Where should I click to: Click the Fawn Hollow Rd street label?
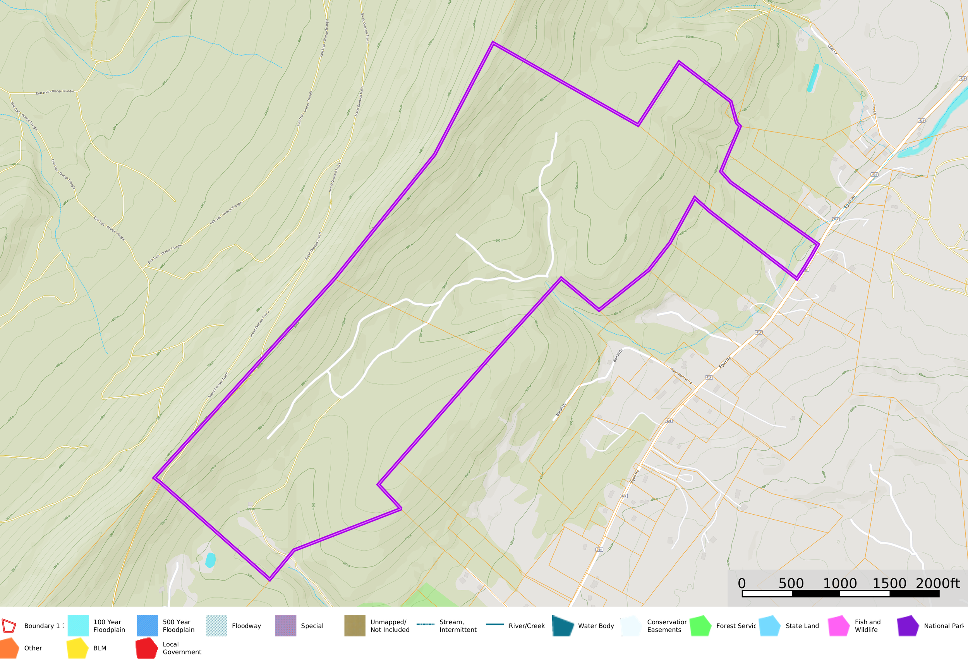[x=681, y=376]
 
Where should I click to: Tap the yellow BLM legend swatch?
[x=77, y=648]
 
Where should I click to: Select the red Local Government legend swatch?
[x=146, y=648]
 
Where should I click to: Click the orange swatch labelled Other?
[x=9, y=648]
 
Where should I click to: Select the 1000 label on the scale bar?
[x=839, y=584]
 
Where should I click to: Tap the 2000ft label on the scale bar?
[x=937, y=584]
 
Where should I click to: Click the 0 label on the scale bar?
[x=741, y=584]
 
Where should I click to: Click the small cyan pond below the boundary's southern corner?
[x=210, y=560]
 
